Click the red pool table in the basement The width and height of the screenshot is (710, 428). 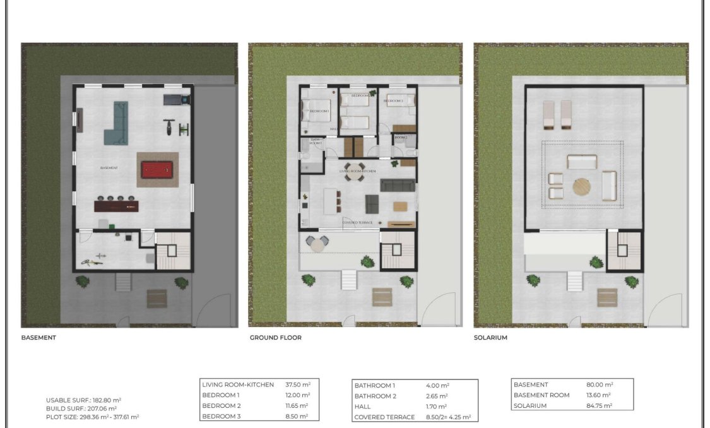158,169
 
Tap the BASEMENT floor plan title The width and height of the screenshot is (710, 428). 38,338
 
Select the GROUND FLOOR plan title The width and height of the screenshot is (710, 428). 275,338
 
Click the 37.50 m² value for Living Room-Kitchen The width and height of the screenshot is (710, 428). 297,384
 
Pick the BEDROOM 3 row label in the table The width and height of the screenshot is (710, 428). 221,417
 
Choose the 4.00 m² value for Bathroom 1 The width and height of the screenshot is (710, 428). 437,385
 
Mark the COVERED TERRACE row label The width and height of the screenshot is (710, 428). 384,417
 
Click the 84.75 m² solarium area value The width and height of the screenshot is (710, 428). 600,406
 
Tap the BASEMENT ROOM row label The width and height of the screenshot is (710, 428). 541,395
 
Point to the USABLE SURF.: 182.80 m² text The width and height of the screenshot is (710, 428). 83,400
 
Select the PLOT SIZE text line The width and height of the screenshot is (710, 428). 92,417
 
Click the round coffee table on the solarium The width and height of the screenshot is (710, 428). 583,186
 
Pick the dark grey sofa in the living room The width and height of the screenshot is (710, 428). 398,186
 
